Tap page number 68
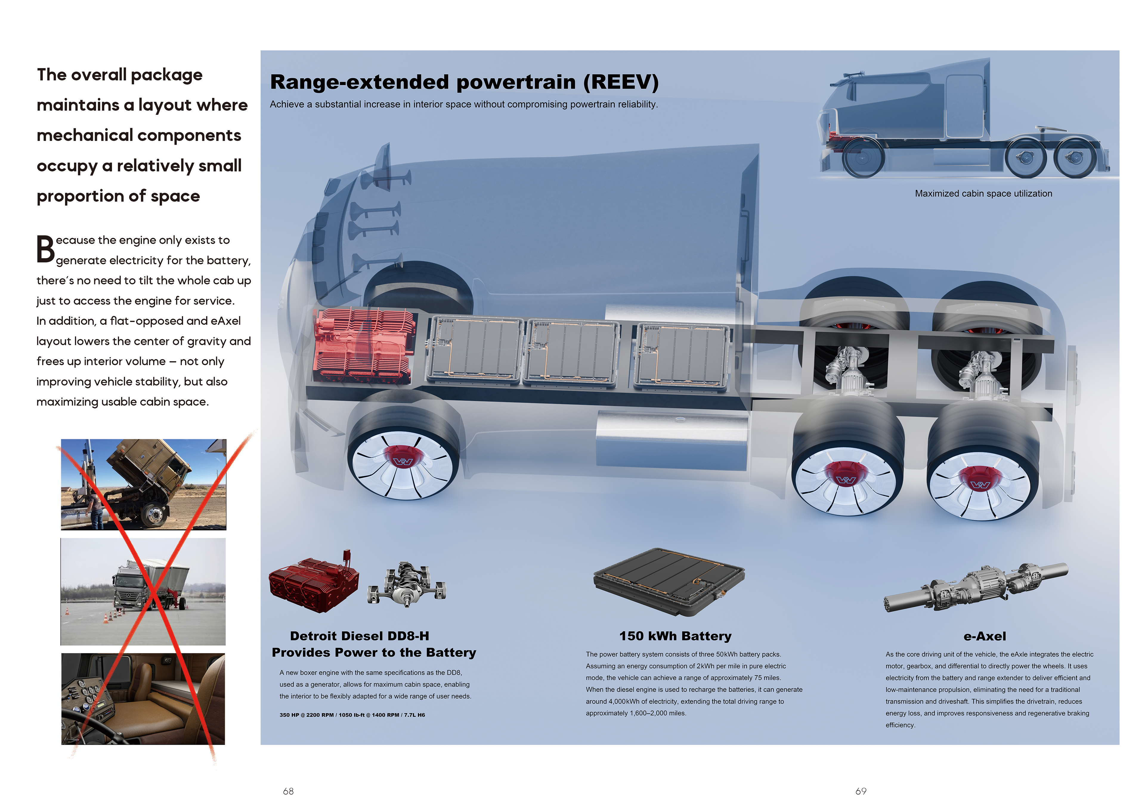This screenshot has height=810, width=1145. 288,791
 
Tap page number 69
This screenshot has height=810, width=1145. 861,791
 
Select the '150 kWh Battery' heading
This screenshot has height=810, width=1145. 675,636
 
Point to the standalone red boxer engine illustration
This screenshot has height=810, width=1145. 313,583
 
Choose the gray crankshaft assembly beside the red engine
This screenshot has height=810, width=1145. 407,584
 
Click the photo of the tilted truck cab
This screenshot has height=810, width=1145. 144,484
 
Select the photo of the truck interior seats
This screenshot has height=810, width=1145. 143,699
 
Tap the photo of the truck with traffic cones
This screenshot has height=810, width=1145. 143,591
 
